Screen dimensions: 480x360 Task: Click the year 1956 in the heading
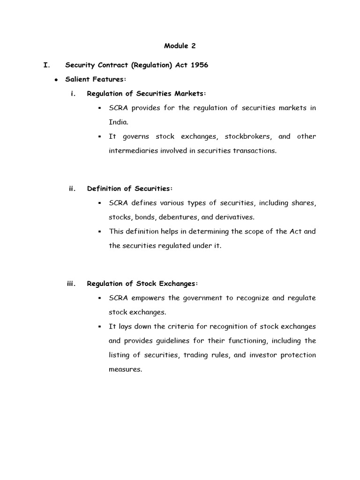tap(199, 65)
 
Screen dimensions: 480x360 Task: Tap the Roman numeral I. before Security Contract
tap(46, 65)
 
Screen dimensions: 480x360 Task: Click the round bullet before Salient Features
tap(56, 80)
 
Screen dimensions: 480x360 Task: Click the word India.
tap(118, 122)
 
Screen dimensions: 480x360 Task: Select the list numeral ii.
tap(72, 188)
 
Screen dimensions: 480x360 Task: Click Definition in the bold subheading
tap(105, 188)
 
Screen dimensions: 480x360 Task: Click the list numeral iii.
tap(71, 284)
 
